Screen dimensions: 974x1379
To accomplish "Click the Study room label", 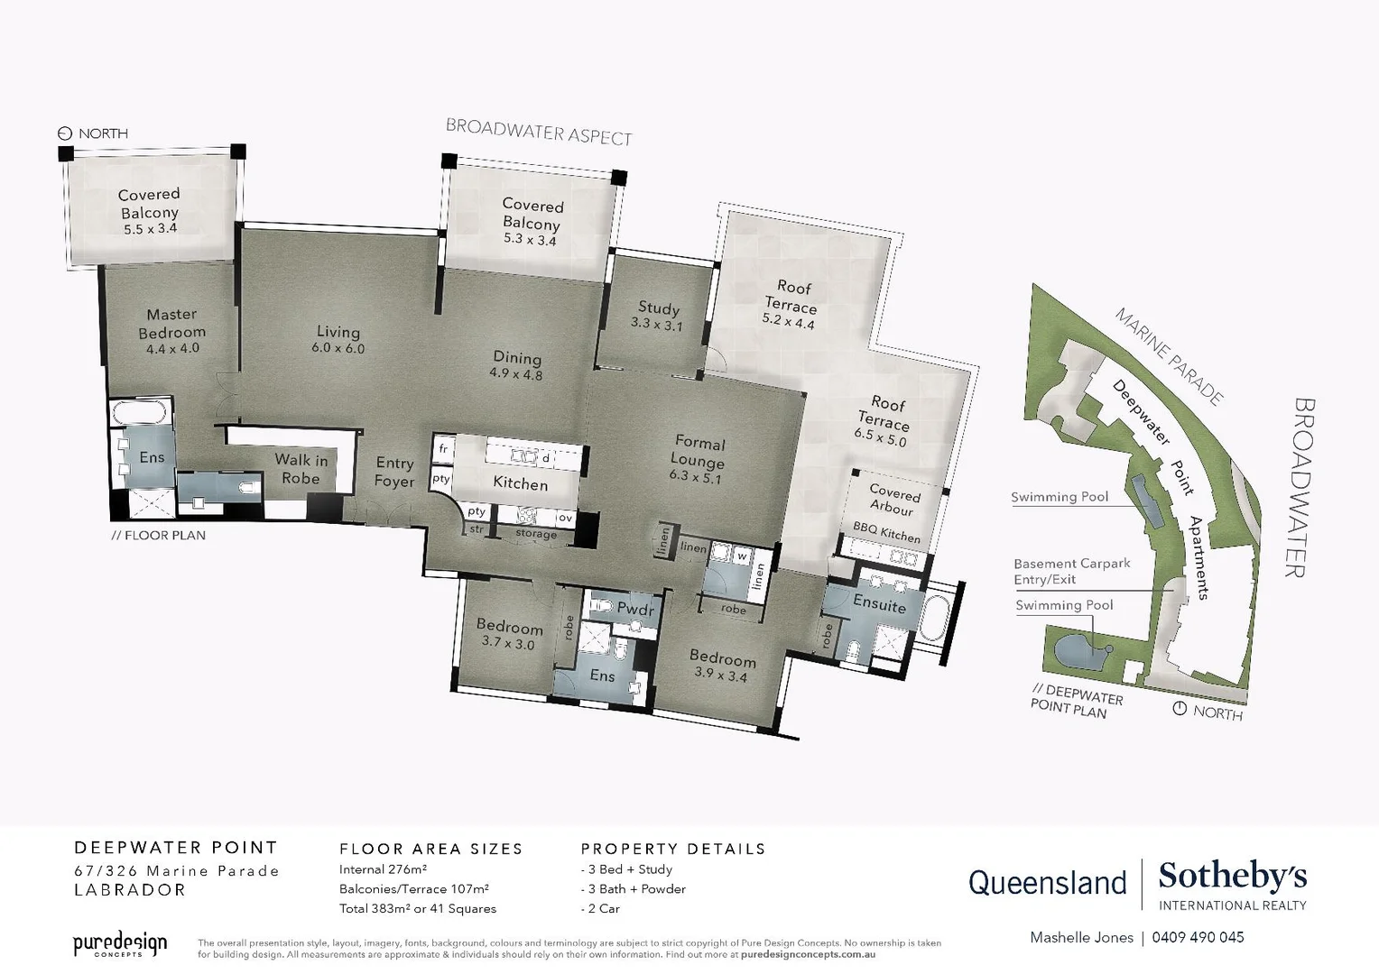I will coord(658,308).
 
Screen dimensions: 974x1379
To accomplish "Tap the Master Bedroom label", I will coord(171,323).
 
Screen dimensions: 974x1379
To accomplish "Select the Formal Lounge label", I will coord(699,452).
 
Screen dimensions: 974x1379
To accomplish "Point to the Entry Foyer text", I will coord(394,472).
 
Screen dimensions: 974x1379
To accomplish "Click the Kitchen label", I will coord(520,483).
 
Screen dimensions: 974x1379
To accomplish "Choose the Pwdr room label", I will coord(634,608).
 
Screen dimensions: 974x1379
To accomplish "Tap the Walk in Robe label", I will coord(301,468).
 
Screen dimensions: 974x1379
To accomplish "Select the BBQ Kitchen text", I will coord(886,533).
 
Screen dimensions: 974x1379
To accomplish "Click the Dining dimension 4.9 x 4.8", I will coord(516,374).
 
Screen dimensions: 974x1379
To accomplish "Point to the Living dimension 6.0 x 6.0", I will coord(338,348).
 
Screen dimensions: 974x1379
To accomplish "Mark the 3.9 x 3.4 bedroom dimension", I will coord(720,675).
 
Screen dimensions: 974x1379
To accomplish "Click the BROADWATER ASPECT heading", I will coord(539,132).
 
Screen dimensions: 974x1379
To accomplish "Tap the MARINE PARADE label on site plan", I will coord(1169,356).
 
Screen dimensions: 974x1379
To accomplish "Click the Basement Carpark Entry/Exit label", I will coord(1071,571).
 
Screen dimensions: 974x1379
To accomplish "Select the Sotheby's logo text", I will coord(1232,876).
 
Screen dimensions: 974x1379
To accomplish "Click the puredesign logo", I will coord(120,944).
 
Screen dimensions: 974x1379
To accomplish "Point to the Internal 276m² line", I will coord(383,869).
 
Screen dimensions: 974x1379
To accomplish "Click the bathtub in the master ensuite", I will coord(138,414).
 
